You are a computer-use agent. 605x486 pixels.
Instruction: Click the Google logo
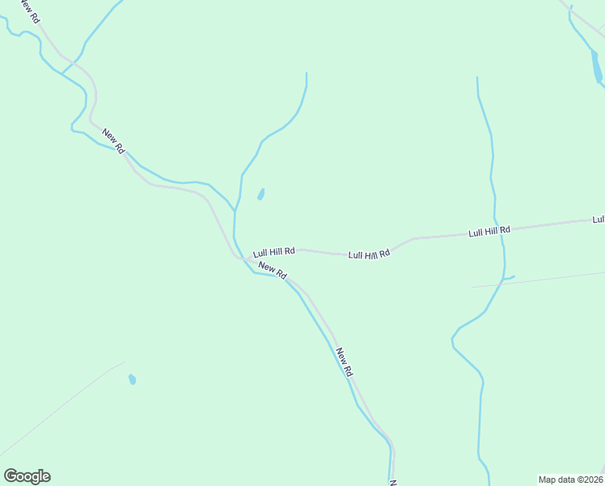27,476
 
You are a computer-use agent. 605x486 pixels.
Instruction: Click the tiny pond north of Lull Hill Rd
260,194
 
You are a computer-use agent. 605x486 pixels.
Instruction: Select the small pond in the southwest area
132,379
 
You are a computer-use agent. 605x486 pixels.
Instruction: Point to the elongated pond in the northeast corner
596,67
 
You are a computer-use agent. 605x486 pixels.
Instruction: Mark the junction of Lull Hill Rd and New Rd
239,258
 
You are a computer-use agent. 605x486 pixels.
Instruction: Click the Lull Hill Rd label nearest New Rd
273,252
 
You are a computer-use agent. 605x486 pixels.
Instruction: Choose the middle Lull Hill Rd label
369,254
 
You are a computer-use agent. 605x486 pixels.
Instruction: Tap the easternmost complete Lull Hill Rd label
489,231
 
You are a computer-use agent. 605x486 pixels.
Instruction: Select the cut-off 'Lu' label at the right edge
599,220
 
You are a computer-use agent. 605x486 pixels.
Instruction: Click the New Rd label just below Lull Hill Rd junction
273,271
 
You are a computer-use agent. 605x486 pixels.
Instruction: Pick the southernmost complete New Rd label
345,361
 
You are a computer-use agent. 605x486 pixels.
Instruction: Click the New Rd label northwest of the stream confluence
113,140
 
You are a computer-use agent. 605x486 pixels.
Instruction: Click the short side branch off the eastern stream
509,278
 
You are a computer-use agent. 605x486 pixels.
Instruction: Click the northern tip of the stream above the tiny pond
307,75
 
